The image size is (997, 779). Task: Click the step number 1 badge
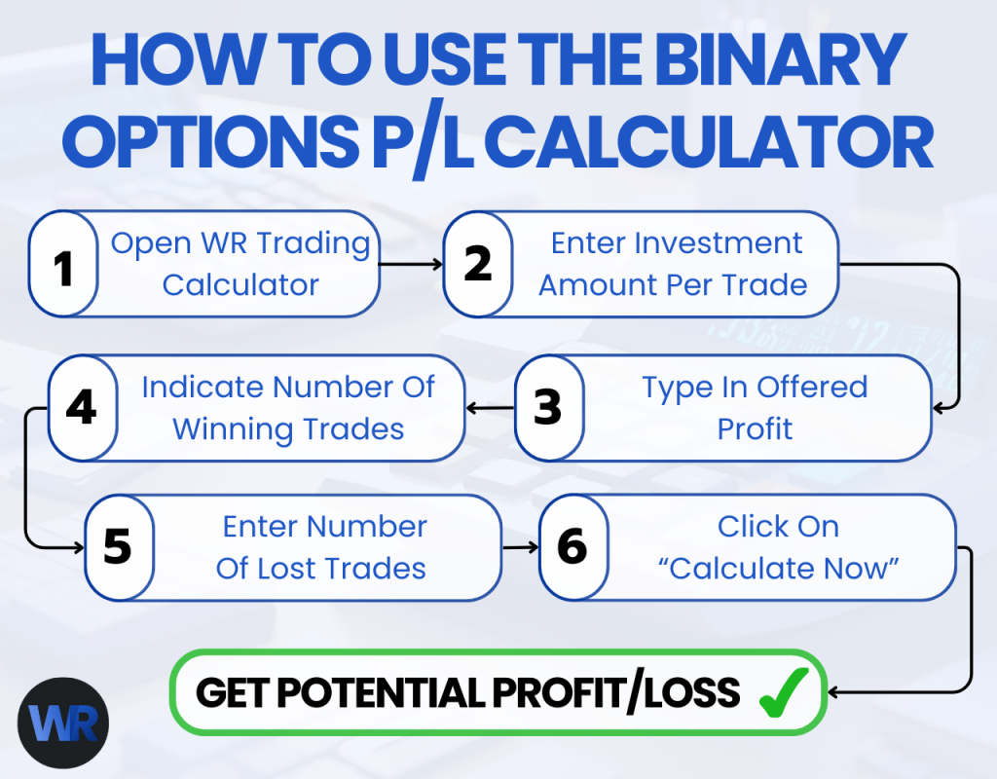coord(64,265)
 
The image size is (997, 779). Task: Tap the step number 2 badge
coord(477,265)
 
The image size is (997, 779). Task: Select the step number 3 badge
coord(548,408)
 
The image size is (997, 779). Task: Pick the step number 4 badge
coord(82,408)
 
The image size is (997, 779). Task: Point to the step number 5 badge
coord(118,547)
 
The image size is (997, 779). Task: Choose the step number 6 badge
coord(572,547)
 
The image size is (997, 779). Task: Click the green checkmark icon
coord(782,692)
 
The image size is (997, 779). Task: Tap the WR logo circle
coord(63,723)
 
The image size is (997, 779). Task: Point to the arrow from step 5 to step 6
coord(520,547)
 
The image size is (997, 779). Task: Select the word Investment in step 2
coord(726,242)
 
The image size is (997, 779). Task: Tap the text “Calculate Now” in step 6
coord(778,569)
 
